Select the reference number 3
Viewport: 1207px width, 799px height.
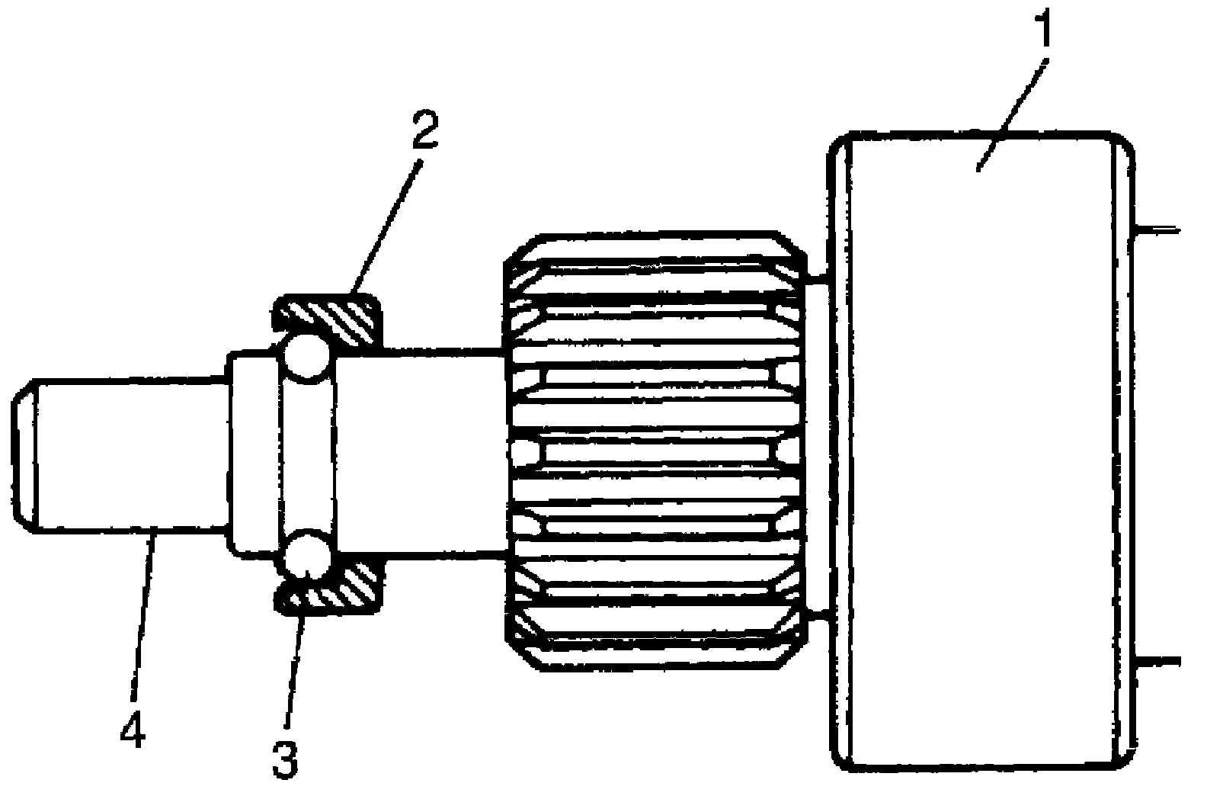285,755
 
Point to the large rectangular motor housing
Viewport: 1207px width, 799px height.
983,457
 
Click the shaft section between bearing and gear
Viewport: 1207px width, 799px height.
419,454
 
